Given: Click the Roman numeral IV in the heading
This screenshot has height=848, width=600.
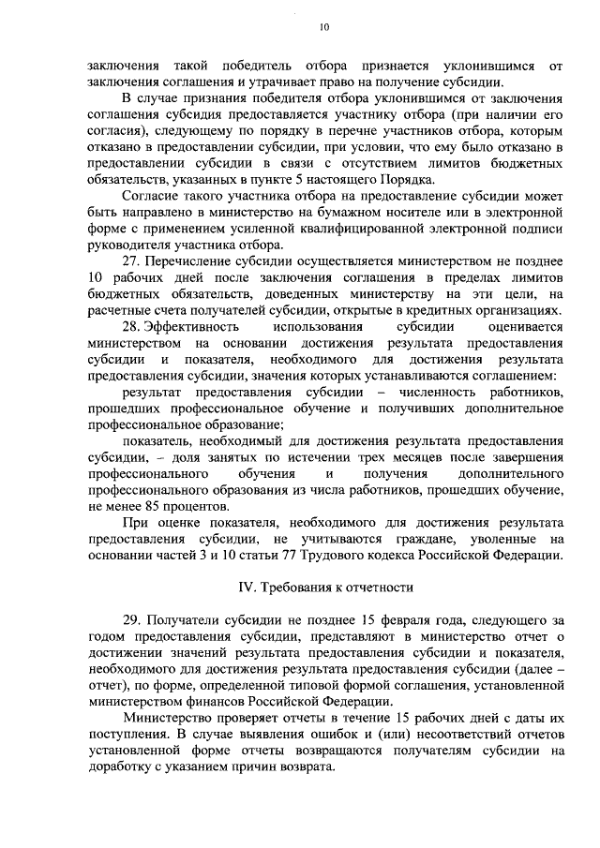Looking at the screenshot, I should pos(241,587).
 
